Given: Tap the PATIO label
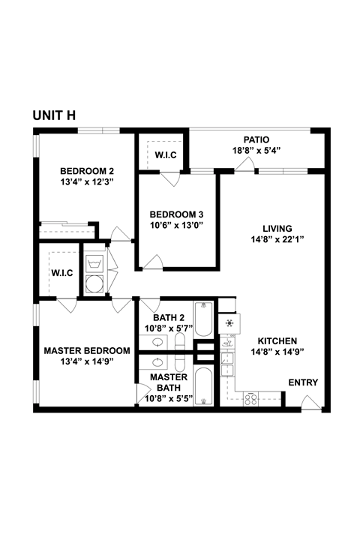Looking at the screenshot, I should click(256, 139).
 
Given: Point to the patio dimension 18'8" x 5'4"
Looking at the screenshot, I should click(256, 150).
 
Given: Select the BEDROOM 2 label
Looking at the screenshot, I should click(87, 169).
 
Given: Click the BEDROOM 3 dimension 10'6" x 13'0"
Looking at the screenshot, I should click(176, 224).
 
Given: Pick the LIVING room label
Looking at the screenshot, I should click(277, 229).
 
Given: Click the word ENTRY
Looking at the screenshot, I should click(304, 382).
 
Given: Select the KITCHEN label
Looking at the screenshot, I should click(277, 340).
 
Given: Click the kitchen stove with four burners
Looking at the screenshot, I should click(250, 397).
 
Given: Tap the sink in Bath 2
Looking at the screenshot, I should click(159, 342).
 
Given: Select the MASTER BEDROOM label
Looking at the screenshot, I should click(87, 350).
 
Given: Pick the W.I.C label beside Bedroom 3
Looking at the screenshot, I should click(166, 155).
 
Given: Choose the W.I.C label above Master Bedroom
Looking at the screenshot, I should click(61, 272).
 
